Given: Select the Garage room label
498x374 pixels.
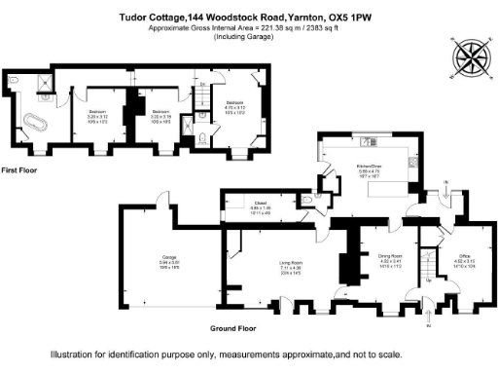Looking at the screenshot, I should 170,259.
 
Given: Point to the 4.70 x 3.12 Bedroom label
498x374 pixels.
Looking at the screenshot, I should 235,104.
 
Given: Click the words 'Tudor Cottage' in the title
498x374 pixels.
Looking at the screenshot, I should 152,17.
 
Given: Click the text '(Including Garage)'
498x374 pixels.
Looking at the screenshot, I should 250,37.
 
